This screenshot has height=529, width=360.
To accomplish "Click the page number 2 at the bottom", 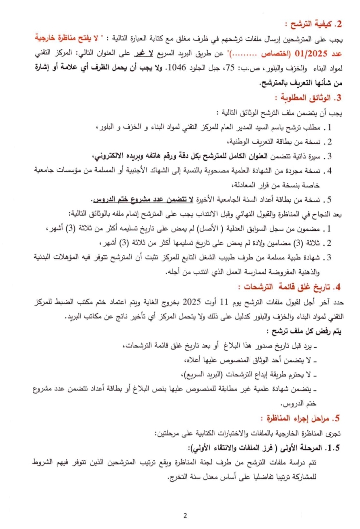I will click(x=185, y=516).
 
